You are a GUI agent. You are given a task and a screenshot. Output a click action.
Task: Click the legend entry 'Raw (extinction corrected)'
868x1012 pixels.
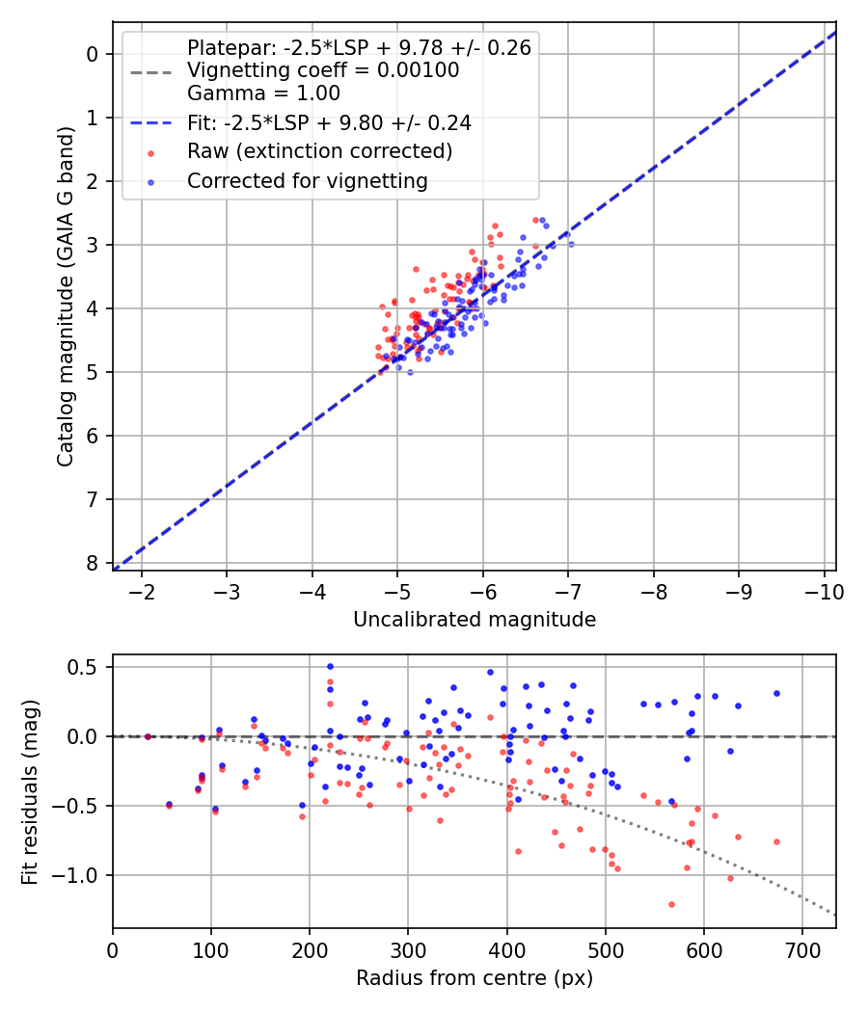(319, 151)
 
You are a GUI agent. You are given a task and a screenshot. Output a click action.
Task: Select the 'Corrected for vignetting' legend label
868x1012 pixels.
(307, 181)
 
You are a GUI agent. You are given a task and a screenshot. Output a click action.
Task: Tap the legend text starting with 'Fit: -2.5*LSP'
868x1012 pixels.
(329, 122)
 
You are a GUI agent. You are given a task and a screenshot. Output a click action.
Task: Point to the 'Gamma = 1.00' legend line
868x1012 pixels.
(263, 93)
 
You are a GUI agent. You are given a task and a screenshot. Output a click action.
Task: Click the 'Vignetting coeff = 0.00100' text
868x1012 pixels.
(323, 70)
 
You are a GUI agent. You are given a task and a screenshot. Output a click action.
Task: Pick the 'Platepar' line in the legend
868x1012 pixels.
(359, 48)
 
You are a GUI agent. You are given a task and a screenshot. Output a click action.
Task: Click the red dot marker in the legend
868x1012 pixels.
(150, 152)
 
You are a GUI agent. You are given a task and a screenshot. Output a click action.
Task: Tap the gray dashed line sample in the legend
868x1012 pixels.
(150, 71)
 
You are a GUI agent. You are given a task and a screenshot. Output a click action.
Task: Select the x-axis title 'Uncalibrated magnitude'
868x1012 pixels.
(474, 619)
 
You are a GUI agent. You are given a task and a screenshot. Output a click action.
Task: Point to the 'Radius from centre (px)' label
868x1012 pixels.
(474, 978)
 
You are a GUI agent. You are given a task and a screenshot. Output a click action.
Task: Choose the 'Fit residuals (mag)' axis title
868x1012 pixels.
(30, 792)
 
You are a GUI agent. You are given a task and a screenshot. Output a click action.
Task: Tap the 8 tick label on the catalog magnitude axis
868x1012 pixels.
(94, 563)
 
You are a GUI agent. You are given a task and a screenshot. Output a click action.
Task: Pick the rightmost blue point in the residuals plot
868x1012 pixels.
(776, 693)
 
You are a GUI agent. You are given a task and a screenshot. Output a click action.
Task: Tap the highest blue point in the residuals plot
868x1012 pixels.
(330, 666)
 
